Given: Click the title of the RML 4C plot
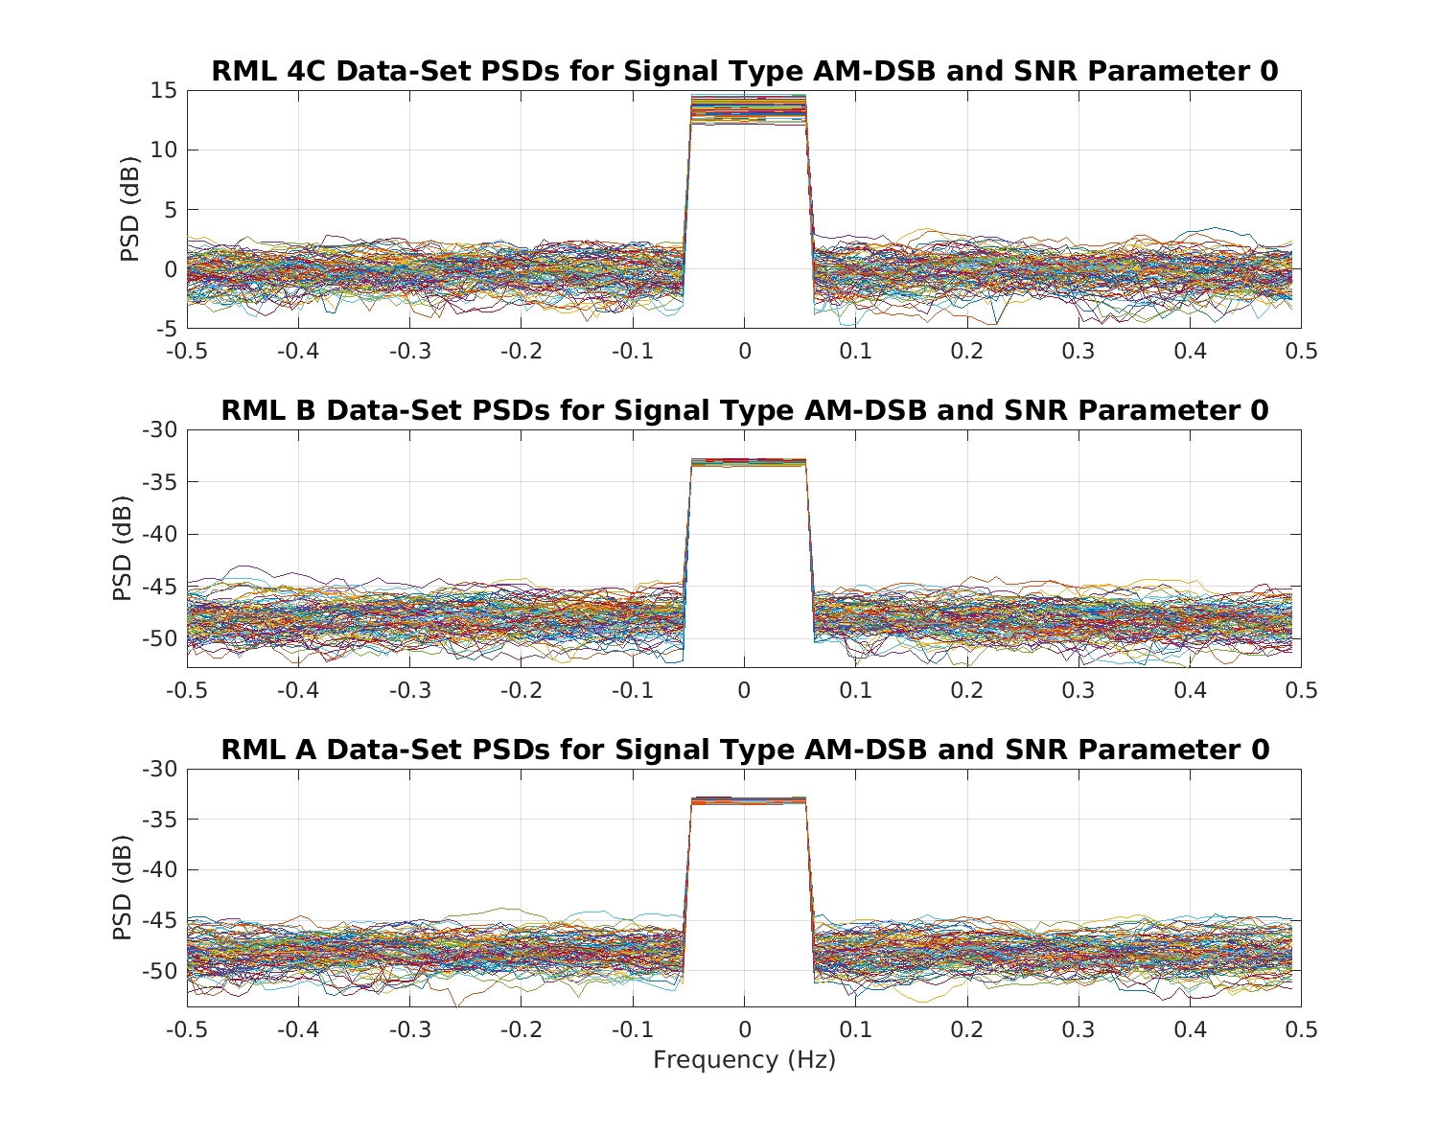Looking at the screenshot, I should pos(744,72).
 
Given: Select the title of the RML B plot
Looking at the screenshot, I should pos(744,410).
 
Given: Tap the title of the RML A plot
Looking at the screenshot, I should pos(744,750).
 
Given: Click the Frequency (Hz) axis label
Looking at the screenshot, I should pos(744,1060).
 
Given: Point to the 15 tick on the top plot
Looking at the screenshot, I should pos(164,91).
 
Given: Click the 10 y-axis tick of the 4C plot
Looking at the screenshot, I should pos(164,150).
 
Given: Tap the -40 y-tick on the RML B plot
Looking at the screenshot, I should pos(160,535).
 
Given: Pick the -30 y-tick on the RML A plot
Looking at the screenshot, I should pos(160,769).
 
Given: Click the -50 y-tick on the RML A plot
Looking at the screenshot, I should pos(160,972).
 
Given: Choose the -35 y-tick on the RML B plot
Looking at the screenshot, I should pos(160,482).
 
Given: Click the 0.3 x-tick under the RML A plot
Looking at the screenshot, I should pos(1078,1029).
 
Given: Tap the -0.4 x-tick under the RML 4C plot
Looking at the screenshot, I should pos(297,352).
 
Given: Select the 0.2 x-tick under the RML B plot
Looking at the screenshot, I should pos(967,690).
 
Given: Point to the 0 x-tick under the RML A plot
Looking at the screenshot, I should pos(745,1029).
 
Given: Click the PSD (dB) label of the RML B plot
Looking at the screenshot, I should pos(122,548).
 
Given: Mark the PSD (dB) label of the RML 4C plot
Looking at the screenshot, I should pos(128,210).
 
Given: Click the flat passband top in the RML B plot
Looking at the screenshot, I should pos(748,462).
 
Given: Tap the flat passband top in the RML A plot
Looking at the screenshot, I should pos(748,800).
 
